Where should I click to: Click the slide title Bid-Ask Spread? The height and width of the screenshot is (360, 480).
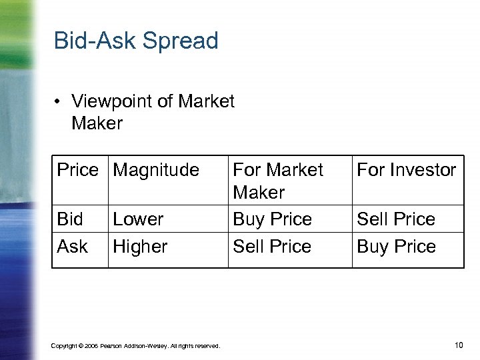pyautogui.click(x=136, y=41)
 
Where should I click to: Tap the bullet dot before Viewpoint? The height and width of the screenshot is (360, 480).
pyautogui.click(x=59, y=101)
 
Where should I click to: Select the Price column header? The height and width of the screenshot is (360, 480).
pyautogui.click(x=77, y=170)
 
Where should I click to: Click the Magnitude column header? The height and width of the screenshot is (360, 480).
pyautogui.click(x=156, y=170)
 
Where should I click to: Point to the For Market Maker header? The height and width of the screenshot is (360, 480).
pyautogui.click(x=277, y=181)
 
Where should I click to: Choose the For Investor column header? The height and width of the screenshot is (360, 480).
pyautogui.click(x=406, y=170)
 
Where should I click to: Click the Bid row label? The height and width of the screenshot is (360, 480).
pyautogui.click(x=70, y=219)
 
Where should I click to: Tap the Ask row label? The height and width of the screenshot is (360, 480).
pyautogui.click(x=72, y=247)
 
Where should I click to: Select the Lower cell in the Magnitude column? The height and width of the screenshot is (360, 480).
pyautogui.click(x=138, y=219)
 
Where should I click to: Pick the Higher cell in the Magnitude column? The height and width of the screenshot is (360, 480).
pyautogui.click(x=140, y=247)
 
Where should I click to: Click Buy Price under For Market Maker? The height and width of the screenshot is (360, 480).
pyautogui.click(x=272, y=219)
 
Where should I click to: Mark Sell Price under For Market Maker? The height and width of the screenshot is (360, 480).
pyautogui.click(x=272, y=247)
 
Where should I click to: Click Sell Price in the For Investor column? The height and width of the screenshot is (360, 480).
pyautogui.click(x=396, y=219)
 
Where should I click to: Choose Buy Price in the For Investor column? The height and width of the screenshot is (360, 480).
pyautogui.click(x=396, y=247)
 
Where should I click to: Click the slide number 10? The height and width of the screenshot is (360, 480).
pyautogui.click(x=458, y=345)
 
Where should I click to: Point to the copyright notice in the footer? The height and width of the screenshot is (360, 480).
pyautogui.click(x=135, y=345)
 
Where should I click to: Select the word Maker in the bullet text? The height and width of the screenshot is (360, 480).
pyautogui.click(x=97, y=123)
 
